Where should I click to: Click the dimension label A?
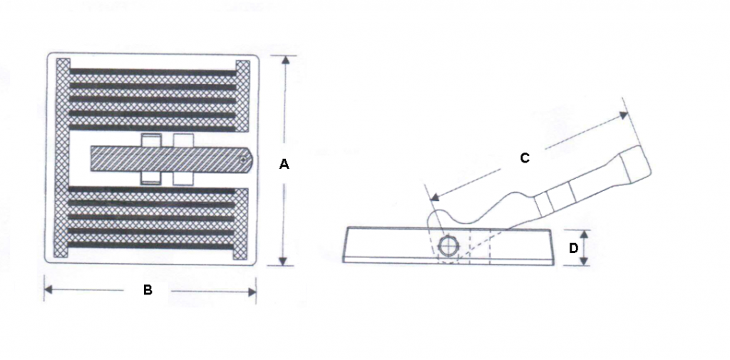pyautogui.click(x=284, y=164)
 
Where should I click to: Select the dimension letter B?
pyautogui.click(x=148, y=290)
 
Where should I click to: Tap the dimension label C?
pyautogui.click(x=525, y=158)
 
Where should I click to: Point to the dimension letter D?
pyautogui.click(x=574, y=248)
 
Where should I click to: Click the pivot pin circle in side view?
pyautogui.click(x=448, y=246)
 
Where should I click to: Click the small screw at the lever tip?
pyautogui.click(x=242, y=160)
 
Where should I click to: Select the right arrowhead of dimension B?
pyautogui.click(x=251, y=292)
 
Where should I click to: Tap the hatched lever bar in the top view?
pyautogui.click(x=171, y=159)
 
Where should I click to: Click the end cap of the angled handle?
pyautogui.click(x=636, y=165)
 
